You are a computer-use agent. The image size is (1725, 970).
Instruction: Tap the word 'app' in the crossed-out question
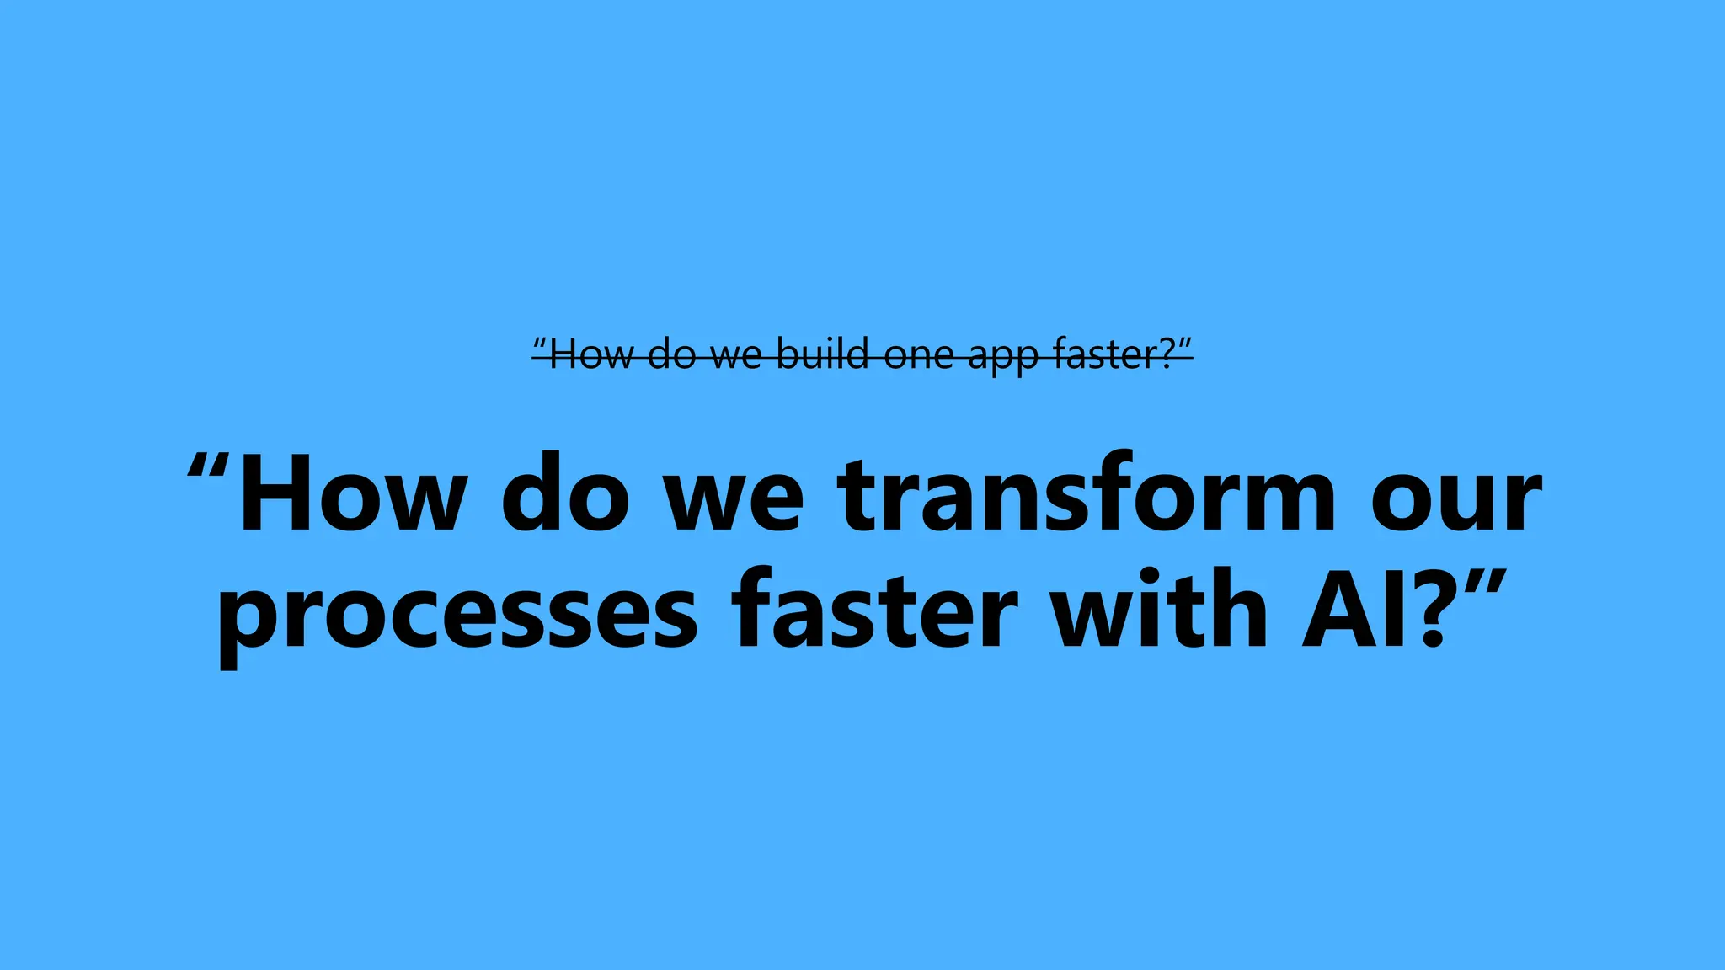(x=1002, y=357)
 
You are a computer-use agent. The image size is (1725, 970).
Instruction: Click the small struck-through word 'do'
(x=671, y=354)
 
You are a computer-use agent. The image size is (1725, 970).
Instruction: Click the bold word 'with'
(x=1161, y=608)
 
